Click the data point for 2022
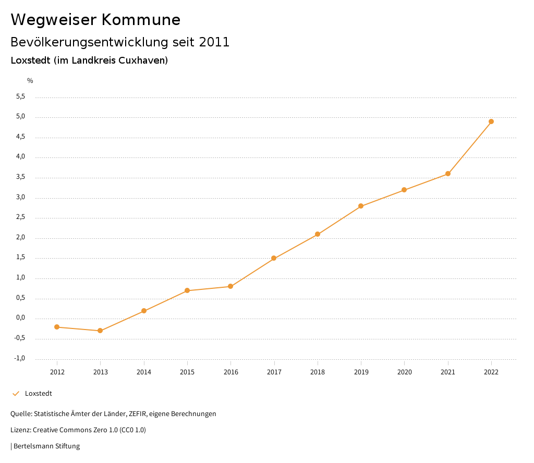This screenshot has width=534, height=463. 491,121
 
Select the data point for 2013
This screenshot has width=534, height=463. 100,331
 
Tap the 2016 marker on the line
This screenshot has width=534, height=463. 230,286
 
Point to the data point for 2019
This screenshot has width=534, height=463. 361,206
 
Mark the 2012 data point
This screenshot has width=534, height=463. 57,327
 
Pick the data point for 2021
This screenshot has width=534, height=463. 448,174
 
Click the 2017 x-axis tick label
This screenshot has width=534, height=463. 274,372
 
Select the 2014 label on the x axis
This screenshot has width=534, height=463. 144,372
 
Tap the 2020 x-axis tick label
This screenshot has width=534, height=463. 405,372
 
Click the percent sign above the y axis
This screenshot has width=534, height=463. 30,81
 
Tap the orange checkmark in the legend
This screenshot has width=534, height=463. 16,394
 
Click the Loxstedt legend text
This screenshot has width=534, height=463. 39,394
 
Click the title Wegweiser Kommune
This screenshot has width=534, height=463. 95,20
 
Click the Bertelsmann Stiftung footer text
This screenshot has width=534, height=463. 46,446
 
